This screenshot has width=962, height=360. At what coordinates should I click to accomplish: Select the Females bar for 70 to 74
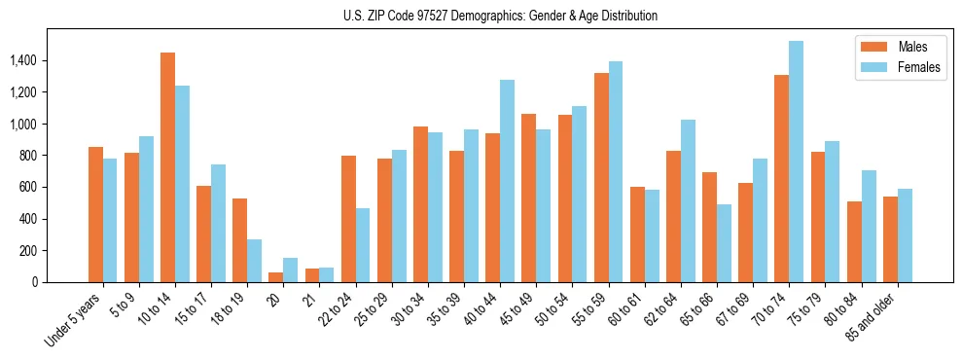point(796,162)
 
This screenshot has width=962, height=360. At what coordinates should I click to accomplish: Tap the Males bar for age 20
point(276,277)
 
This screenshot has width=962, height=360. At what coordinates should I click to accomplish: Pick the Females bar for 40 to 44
point(507,181)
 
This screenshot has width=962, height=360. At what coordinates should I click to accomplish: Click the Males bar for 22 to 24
point(348,219)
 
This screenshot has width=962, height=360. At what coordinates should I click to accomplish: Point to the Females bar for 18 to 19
point(255,261)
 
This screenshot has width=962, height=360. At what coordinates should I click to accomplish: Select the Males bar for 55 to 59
point(601,177)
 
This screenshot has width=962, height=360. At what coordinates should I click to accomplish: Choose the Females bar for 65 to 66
point(724,243)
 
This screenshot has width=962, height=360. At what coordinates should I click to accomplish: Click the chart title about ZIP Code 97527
point(500,16)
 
